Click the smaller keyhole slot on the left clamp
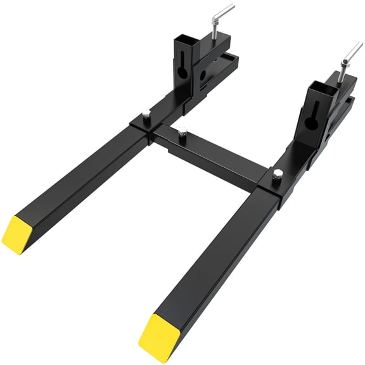tap(203, 75)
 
